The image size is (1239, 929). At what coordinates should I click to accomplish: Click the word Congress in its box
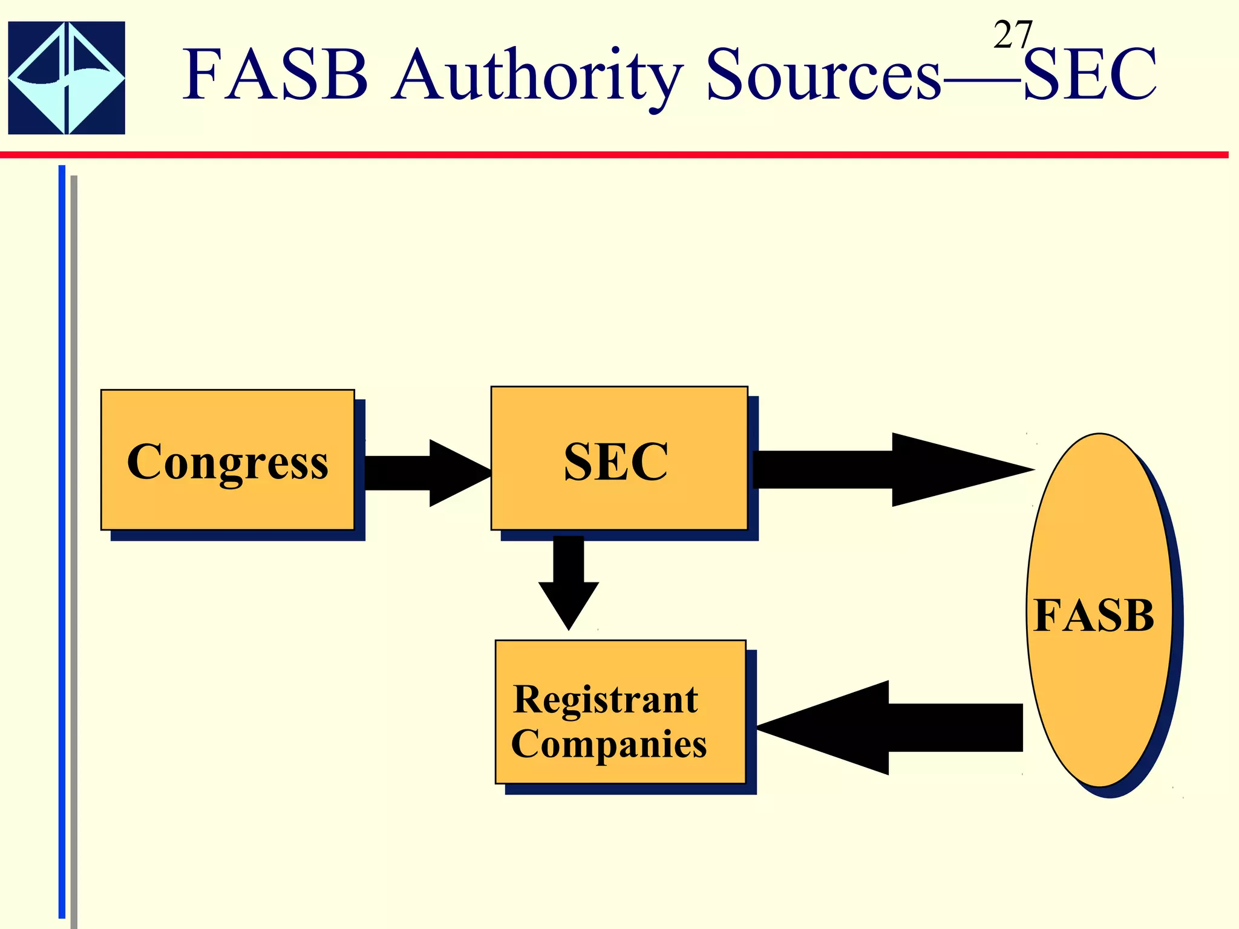pos(227,461)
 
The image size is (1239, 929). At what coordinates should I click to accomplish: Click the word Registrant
pos(605,700)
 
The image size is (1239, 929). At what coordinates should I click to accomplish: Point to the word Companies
pos(609,744)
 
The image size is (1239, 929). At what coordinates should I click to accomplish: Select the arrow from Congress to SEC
pos(423,472)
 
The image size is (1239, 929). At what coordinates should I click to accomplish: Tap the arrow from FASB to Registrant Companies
pos(889,728)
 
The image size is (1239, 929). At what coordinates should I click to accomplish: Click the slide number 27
pos(1012,35)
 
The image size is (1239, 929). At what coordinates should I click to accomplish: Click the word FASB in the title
pos(275,75)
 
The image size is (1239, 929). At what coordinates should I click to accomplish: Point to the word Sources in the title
pos(823,75)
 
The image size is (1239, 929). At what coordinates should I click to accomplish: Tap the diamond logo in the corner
pos(67,78)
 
